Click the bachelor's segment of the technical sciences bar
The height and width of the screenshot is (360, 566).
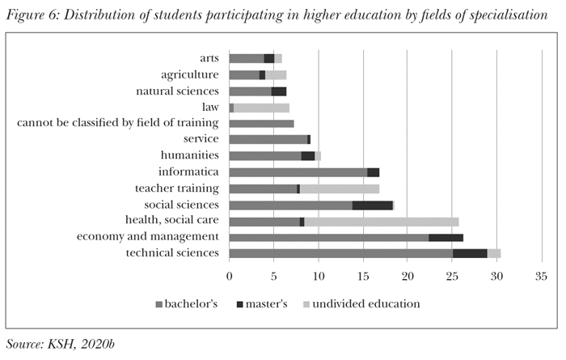(340, 253)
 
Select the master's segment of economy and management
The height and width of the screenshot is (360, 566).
(446, 237)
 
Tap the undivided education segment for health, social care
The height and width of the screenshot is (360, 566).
(381, 221)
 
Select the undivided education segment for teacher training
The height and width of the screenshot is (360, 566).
(339, 188)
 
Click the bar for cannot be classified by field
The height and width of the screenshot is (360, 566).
(261, 124)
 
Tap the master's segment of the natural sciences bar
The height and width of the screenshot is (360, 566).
(279, 91)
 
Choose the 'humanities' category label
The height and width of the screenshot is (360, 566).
(190, 155)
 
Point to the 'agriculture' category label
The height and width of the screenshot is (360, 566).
(190, 74)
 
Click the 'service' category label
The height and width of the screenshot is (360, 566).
(201, 139)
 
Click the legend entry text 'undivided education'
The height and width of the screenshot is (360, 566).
(369, 304)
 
